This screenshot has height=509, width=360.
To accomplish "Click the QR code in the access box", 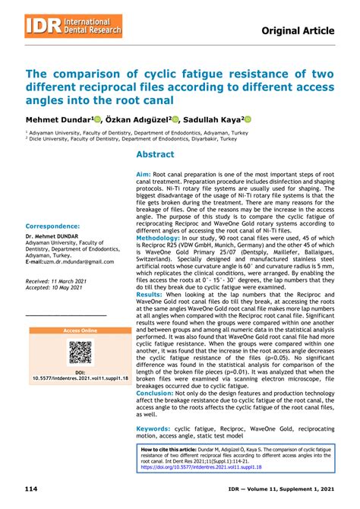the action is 80,352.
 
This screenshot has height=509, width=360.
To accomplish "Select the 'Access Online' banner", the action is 80,331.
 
